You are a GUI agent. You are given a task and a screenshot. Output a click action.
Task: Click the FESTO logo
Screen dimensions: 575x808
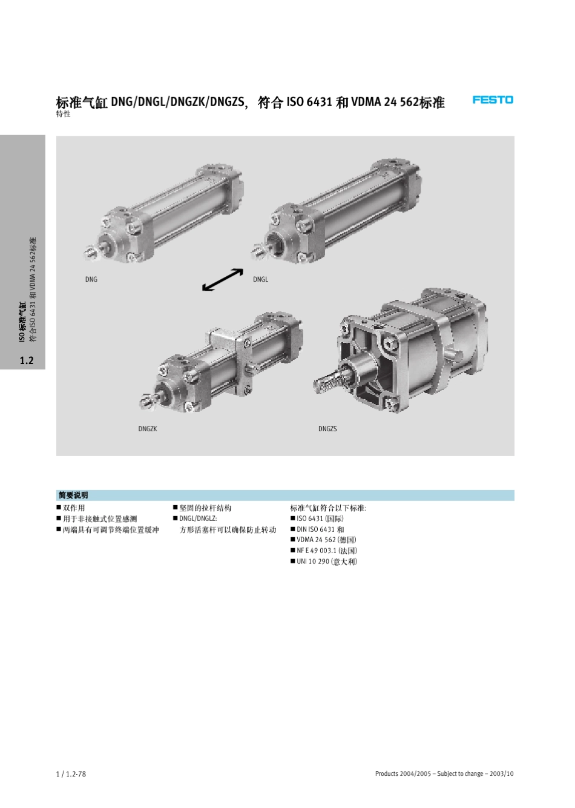pyautogui.click(x=493, y=99)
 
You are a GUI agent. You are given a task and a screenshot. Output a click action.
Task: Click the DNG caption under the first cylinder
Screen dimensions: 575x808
pyautogui.click(x=91, y=279)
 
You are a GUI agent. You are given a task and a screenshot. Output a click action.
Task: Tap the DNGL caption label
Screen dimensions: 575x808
pyautogui.click(x=260, y=279)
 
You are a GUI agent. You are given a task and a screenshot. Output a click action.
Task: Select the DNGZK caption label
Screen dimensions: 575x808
pyautogui.click(x=148, y=429)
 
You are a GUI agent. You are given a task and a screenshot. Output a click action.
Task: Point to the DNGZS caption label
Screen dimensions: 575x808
pyautogui.click(x=327, y=429)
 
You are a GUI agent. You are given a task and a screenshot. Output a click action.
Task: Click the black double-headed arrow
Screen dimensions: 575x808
pyautogui.click(x=223, y=280)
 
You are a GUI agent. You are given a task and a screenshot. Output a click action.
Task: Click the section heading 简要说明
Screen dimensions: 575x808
pyautogui.click(x=74, y=495)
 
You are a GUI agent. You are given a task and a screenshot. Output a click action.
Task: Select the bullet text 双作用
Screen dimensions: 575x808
pyautogui.click(x=74, y=508)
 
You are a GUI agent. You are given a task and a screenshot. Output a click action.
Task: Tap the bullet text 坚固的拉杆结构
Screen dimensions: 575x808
pyautogui.click(x=205, y=508)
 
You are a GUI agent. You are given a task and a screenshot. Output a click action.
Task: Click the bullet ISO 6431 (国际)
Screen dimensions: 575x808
pyautogui.click(x=320, y=518)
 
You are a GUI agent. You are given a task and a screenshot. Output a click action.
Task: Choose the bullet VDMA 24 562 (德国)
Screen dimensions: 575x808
pyautogui.click(x=326, y=540)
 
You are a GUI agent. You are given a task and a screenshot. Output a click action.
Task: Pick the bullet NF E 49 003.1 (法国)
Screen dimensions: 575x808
pyautogui.click(x=327, y=551)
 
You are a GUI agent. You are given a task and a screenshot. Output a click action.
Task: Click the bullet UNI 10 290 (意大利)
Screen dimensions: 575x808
pyautogui.click(x=327, y=561)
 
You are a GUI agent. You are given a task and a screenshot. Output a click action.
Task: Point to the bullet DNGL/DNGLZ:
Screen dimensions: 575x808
pyautogui.click(x=198, y=518)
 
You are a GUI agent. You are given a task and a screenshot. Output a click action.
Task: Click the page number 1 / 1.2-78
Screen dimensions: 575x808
pyautogui.click(x=71, y=773)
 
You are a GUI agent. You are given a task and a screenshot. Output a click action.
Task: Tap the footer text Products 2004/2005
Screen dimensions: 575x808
pyautogui.click(x=403, y=773)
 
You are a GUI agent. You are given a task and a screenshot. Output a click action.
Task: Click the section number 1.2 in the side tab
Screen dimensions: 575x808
pyautogui.click(x=26, y=360)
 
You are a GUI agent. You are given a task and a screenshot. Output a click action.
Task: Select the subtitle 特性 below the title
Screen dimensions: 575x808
pyautogui.click(x=63, y=114)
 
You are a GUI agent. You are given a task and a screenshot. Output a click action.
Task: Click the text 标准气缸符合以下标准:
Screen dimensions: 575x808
pyautogui.click(x=328, y=508)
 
